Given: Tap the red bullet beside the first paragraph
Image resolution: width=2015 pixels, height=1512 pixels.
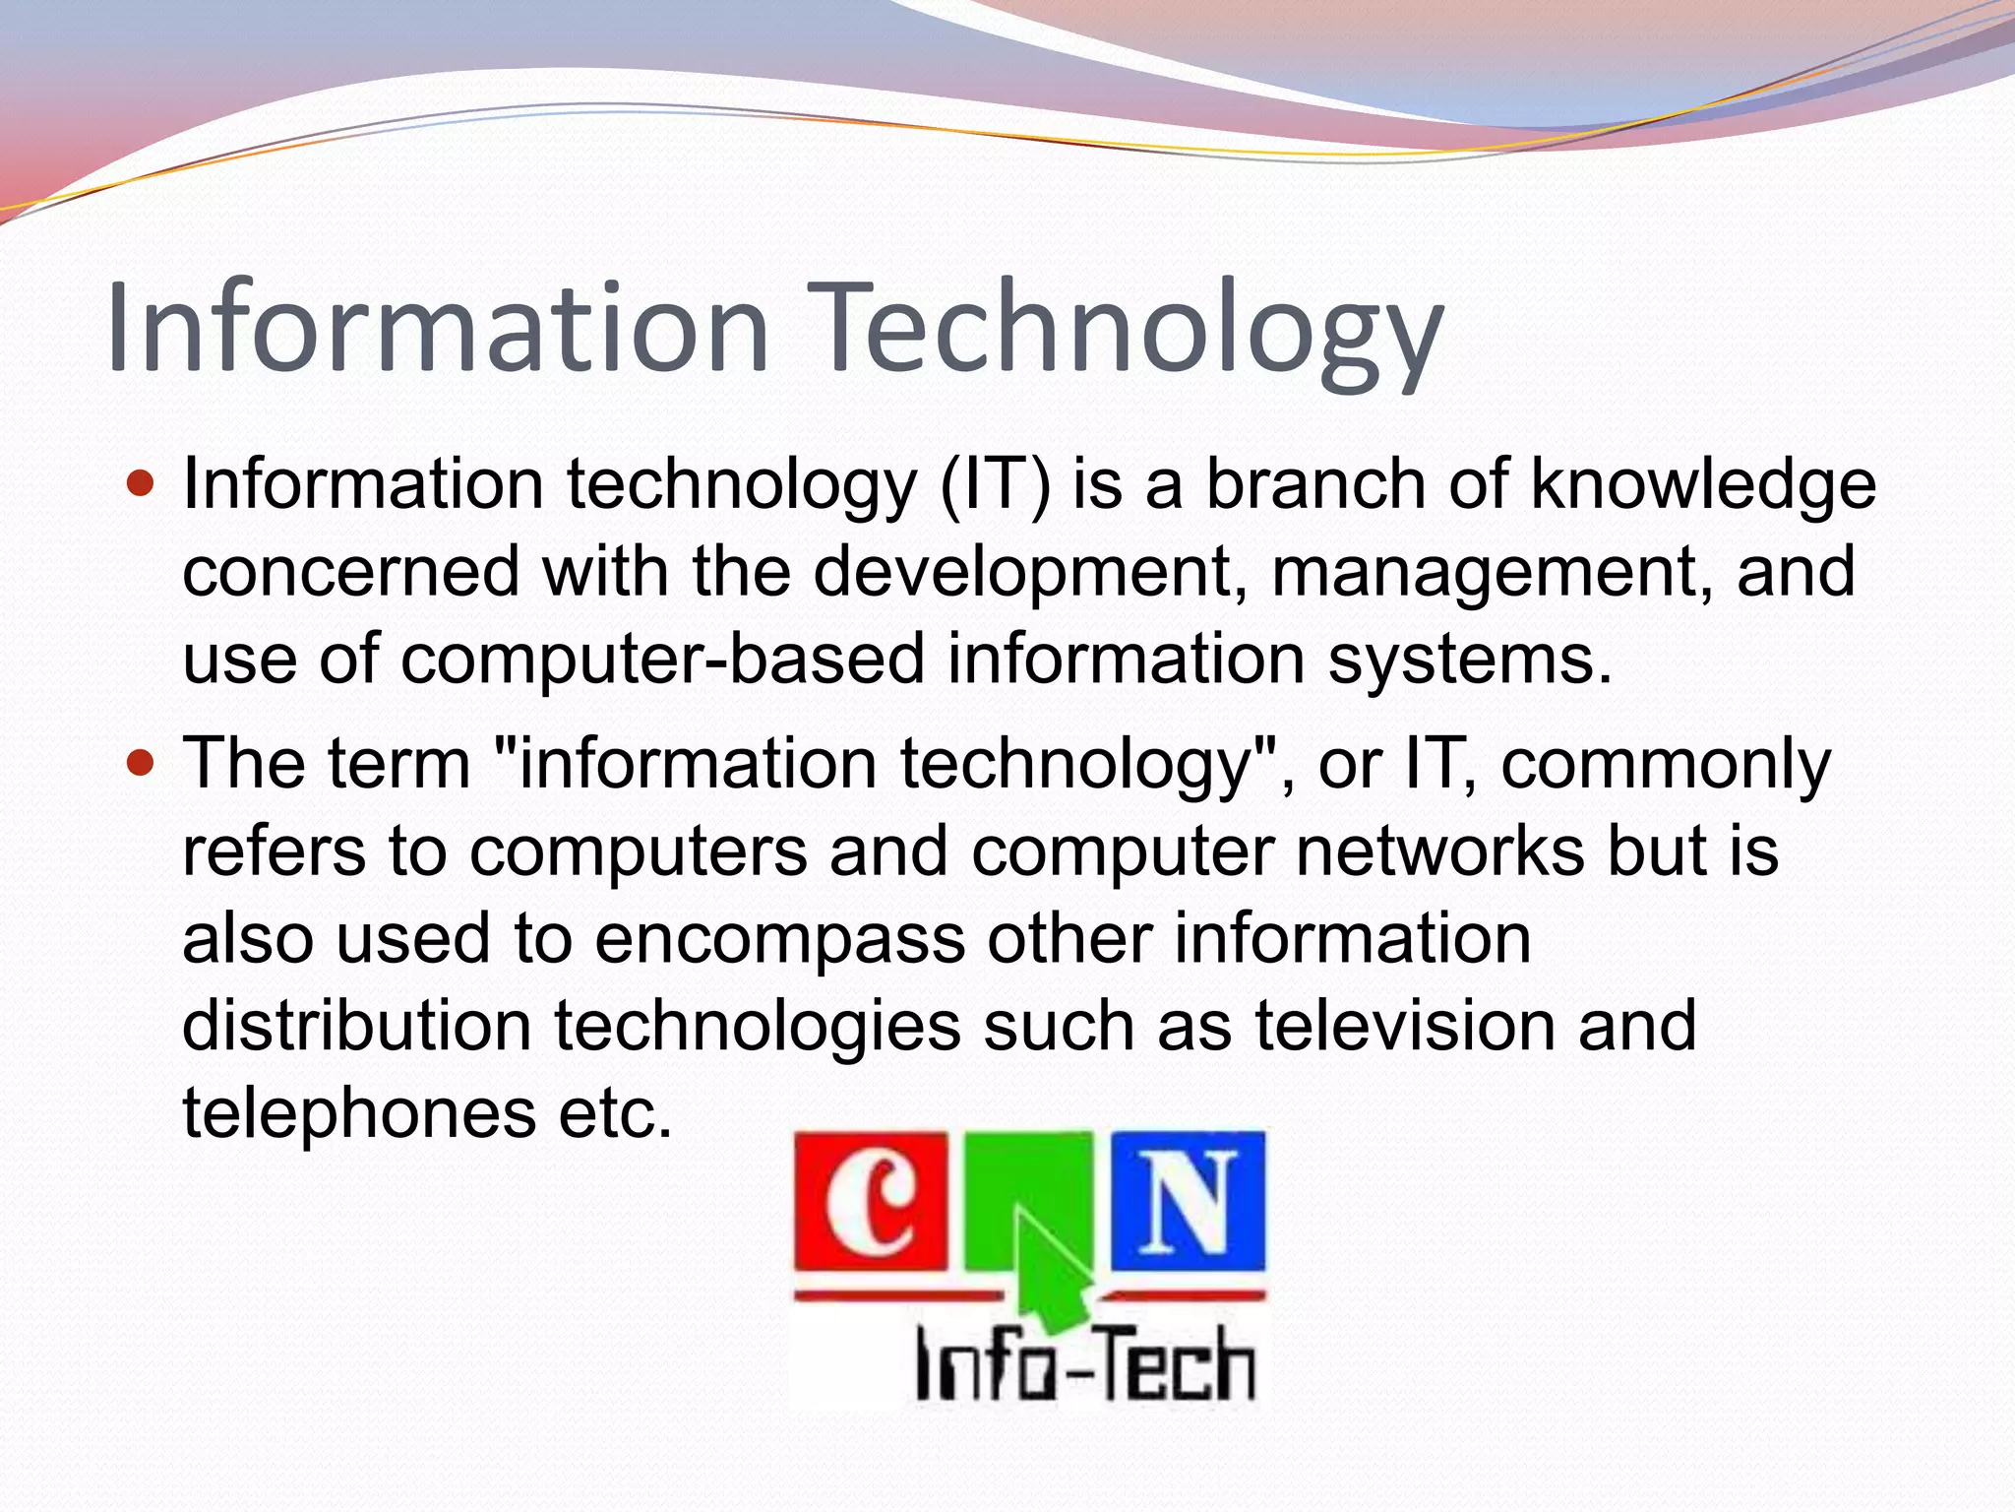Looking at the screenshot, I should pos(142,484).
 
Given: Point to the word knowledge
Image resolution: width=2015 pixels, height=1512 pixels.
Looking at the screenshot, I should pos(1703,486).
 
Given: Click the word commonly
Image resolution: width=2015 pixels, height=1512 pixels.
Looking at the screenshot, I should pos(1665,765).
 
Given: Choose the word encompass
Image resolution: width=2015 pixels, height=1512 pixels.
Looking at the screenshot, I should pos(779,938).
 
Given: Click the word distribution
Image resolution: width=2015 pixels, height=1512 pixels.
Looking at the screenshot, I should pos(356,1025).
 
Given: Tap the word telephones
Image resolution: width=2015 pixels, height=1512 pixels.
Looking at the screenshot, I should pos(358,1112).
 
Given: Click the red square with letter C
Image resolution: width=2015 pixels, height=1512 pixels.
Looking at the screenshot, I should pos(871,1201).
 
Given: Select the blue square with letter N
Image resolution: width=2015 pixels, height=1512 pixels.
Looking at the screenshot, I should pos(1189,1201).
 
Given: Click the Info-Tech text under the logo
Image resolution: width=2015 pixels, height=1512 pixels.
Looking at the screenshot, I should pos(1085,1363).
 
